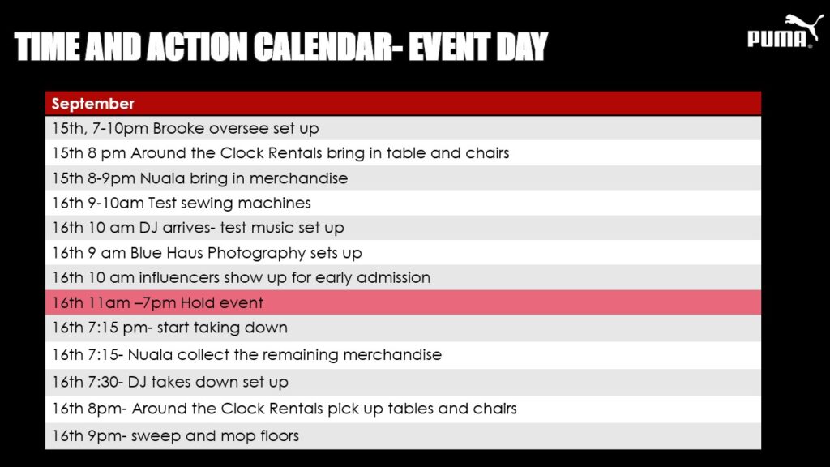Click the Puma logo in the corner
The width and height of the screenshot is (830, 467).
tap(785, 31)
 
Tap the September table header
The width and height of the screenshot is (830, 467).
tap(92, 104)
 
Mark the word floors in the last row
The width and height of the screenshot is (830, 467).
tap(280, 435)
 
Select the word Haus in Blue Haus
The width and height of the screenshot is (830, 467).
tap(185, 253)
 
